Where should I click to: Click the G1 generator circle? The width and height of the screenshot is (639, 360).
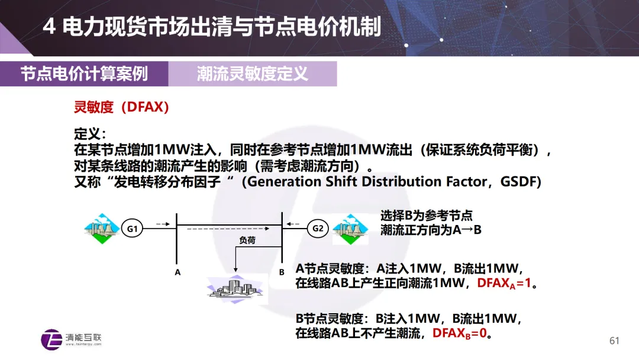coord(133,229)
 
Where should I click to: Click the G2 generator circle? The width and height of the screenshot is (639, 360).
coord(318,229)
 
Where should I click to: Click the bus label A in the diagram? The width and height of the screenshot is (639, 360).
coord(177,272)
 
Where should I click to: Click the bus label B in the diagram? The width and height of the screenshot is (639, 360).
coord(282,272)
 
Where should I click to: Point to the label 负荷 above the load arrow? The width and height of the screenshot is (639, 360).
coord(247,241)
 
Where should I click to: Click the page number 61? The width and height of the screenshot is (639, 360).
coord(614,340)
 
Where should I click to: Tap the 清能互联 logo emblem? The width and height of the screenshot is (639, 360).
coord(51,339)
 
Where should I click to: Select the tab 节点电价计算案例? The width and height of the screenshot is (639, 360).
coord(84,74)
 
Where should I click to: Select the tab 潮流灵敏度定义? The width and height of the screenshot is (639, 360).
coord(252,74)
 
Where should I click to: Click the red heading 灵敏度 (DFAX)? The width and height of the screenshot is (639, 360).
coord(121,107)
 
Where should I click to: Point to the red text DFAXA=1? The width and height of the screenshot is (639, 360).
coord(504,283)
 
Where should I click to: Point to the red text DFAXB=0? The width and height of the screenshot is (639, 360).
coord(459,333)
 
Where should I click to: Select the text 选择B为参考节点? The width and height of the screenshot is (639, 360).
coord(426,216)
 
